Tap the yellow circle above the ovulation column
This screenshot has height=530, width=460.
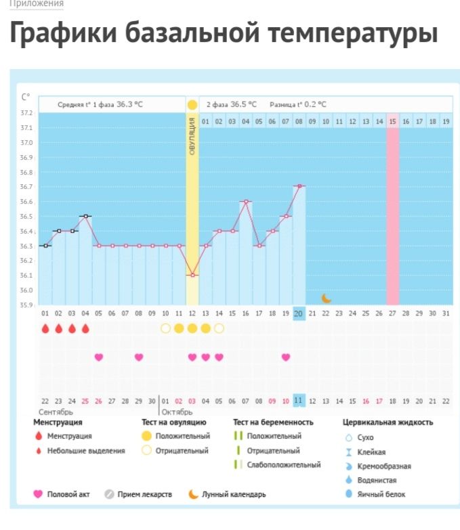coord(192,105)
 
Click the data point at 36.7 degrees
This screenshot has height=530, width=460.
coord(299,185)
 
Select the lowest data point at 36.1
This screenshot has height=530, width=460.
coord(192,275)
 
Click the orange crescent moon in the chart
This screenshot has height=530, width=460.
coord(326,298)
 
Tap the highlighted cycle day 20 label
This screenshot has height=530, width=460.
coord(299,313)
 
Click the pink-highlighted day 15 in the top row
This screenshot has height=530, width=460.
coord(392,121)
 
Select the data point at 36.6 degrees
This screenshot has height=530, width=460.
coord(246,201)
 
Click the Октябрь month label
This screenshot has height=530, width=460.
coord(177,412)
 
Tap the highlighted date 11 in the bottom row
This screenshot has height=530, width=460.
coord(299,401)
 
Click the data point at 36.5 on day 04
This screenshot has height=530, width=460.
coord(85,216)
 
